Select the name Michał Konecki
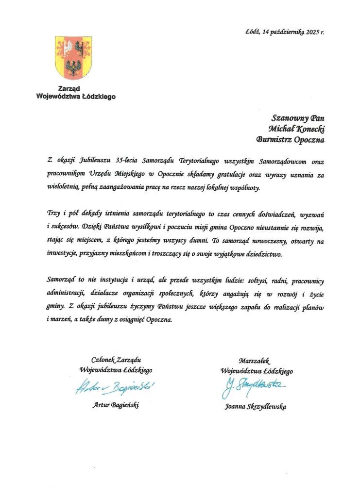coord(296,129)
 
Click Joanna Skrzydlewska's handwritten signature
coord(256,387)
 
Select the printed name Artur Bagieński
coord(116,405)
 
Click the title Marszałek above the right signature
coord(254,361)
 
